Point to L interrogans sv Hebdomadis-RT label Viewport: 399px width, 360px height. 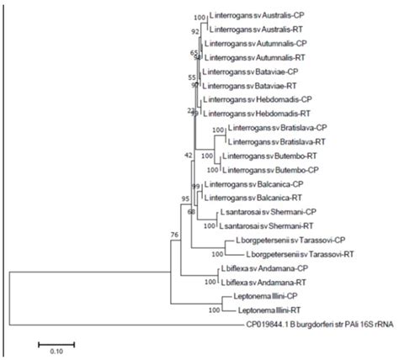click(x=258, y=113)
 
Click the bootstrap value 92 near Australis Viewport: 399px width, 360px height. click(x=195, y=30)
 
